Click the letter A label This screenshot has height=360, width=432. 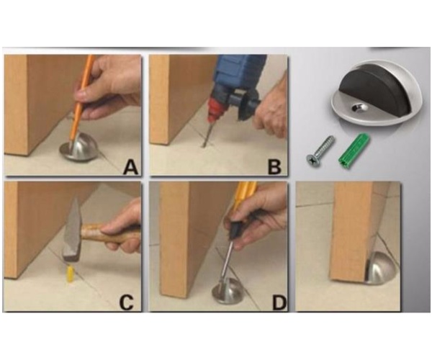point(130,168)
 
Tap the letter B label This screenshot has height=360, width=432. point(275,168)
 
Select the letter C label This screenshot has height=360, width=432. point(127,302)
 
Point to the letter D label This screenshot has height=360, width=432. point(279,302)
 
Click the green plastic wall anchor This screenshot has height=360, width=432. point(354,150)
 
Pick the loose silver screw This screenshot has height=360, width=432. point(320,150)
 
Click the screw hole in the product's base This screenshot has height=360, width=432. point(359,108)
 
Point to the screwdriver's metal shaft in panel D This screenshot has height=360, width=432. point(227,261)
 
